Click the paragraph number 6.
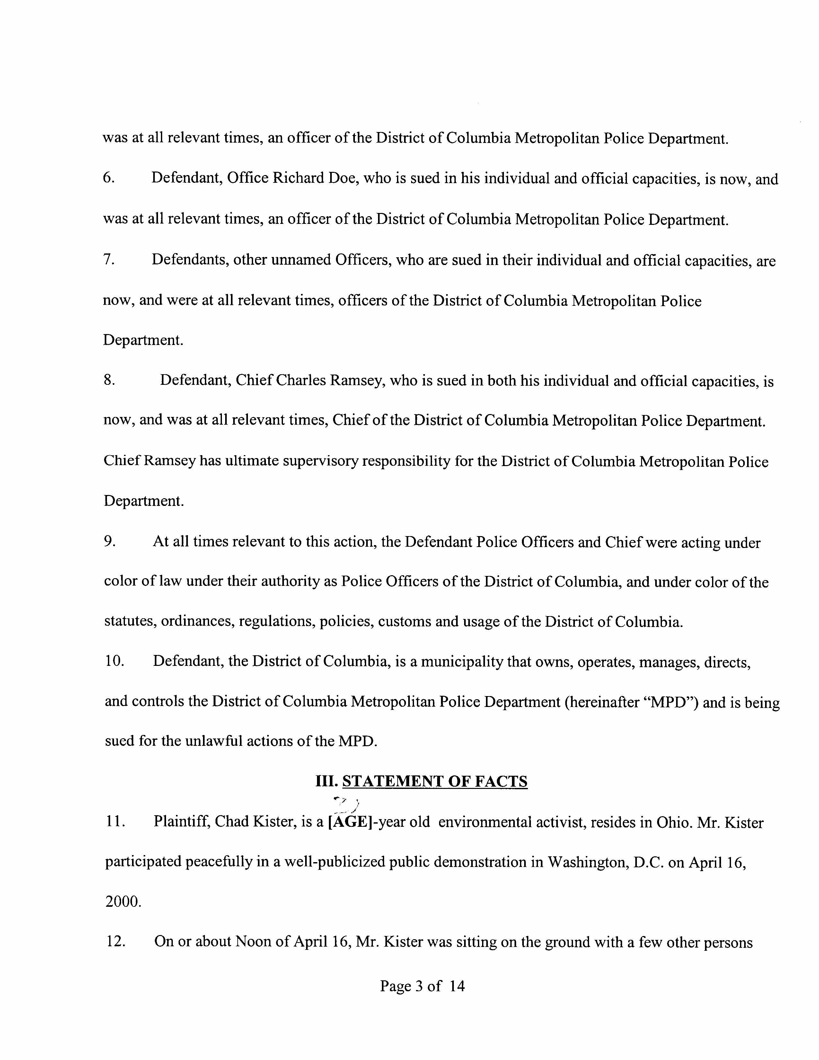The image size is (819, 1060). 109,178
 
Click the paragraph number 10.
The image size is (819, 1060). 115,661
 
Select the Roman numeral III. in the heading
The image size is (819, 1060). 326,782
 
